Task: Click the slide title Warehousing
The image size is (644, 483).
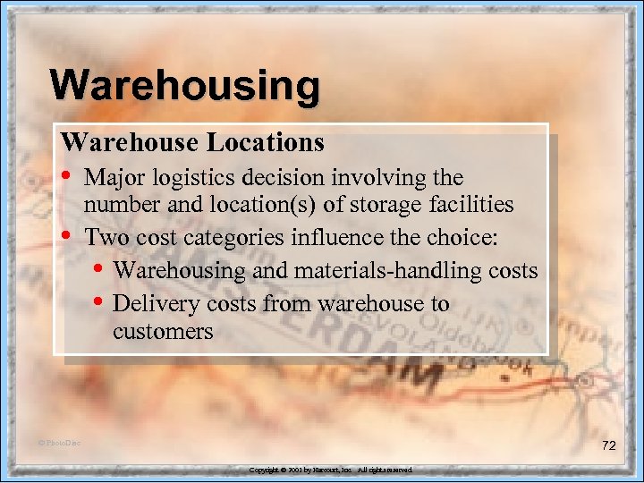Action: [185, 87]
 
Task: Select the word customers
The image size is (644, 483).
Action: [163, 332]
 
